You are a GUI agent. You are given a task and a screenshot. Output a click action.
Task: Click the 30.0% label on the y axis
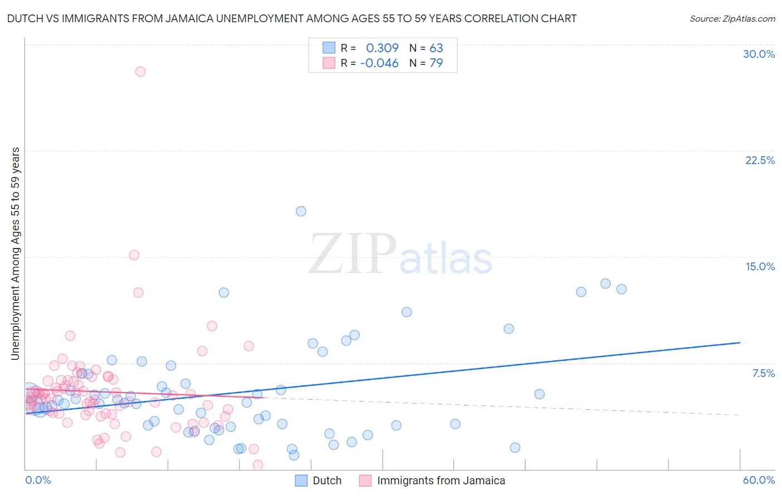[759, 54]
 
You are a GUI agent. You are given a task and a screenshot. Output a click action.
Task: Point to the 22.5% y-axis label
[760, 160]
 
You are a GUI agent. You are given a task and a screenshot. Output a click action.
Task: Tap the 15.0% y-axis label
[760, 266]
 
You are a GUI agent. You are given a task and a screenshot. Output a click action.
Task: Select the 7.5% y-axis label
[763, 373]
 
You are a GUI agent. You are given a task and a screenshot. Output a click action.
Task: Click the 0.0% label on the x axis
[38, 480]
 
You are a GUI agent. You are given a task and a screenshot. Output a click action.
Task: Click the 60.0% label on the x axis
[759, 480]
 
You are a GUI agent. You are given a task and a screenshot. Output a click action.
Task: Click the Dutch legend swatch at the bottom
[301, 480]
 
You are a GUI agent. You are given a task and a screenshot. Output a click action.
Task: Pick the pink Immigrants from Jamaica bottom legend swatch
[365, 480]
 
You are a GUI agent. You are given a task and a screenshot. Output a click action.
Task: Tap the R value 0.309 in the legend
[382, 48]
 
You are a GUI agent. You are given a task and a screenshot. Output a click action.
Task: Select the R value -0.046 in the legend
[379, 63]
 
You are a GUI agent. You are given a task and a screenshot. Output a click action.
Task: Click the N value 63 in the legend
[436, 48]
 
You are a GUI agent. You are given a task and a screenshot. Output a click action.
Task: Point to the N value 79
[436, 63]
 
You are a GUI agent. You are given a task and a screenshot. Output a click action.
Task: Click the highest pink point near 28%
[140, 72]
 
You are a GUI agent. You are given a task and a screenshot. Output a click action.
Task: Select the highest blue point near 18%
[301, 211]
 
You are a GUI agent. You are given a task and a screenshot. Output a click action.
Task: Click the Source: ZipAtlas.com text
[732, 19]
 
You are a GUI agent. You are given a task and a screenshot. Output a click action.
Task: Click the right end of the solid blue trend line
[740, 343]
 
